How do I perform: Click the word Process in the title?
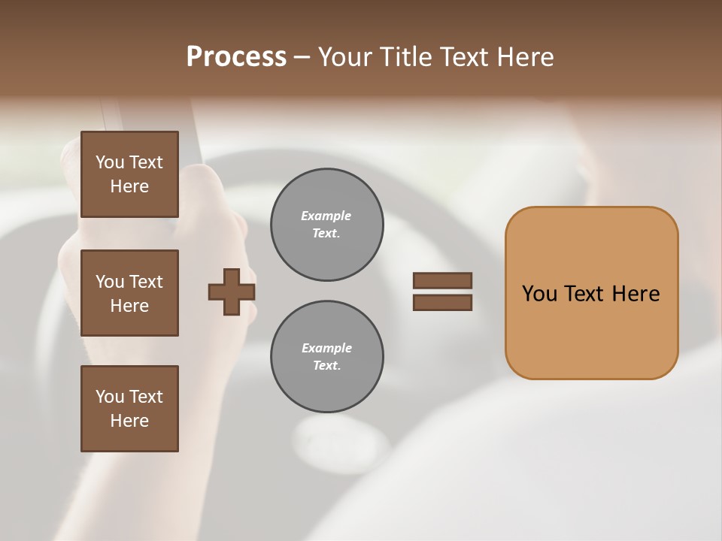click(x=236, y=57)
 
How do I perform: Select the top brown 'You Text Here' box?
click(x=129, y=174)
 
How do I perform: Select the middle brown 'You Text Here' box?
click(x=129, y=293)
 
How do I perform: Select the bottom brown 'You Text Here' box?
click(x=129, y=409)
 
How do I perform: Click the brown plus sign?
click(x=232, y=292)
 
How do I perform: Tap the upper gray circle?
click(x=326, y=225)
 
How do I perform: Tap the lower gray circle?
click(x=326, y=357)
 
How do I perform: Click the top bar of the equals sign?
click(x=442, y=280)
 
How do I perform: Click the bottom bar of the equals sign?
click(x=442, y=303)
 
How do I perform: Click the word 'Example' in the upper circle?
click(x=326, y=216)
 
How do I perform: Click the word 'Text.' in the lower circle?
click(x=326, y=366)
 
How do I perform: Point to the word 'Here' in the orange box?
click(x=636, y=294)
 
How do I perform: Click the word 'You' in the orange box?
click(x=539, y=294)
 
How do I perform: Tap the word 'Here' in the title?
click(x=526, y=57)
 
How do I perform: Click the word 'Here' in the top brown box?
click(x=129, y=186)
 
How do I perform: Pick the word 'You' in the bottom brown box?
click(x=110, y=397)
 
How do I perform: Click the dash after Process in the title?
click(x=302, y=57)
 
